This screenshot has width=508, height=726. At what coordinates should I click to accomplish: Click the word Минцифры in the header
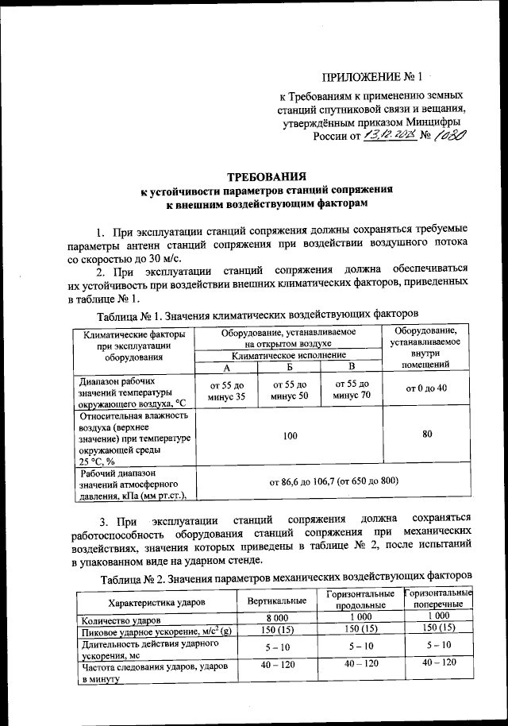click(433, 122)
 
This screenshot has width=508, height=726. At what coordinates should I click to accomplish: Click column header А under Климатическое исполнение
click(226, 368)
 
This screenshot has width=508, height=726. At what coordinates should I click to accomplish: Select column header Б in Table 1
click(290, 368)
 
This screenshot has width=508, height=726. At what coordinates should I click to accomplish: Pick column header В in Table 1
click(352, 368)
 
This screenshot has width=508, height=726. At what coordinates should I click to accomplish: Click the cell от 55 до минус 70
click(352, 389)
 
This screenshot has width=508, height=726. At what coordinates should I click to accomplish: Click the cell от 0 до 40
click(426, 388)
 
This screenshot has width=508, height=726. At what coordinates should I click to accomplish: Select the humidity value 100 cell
click(289, 436)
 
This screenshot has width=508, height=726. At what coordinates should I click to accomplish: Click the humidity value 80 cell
click(427, 435)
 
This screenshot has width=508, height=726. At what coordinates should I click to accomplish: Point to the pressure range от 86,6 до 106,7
click(333, 481)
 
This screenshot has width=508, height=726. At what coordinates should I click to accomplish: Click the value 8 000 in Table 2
click(277, 618)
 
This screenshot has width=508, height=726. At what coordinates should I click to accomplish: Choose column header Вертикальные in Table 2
click(277, 600)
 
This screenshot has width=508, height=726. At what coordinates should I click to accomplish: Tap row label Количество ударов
click(119, 619)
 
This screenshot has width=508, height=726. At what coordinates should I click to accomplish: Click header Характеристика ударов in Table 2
click(155, 602)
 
